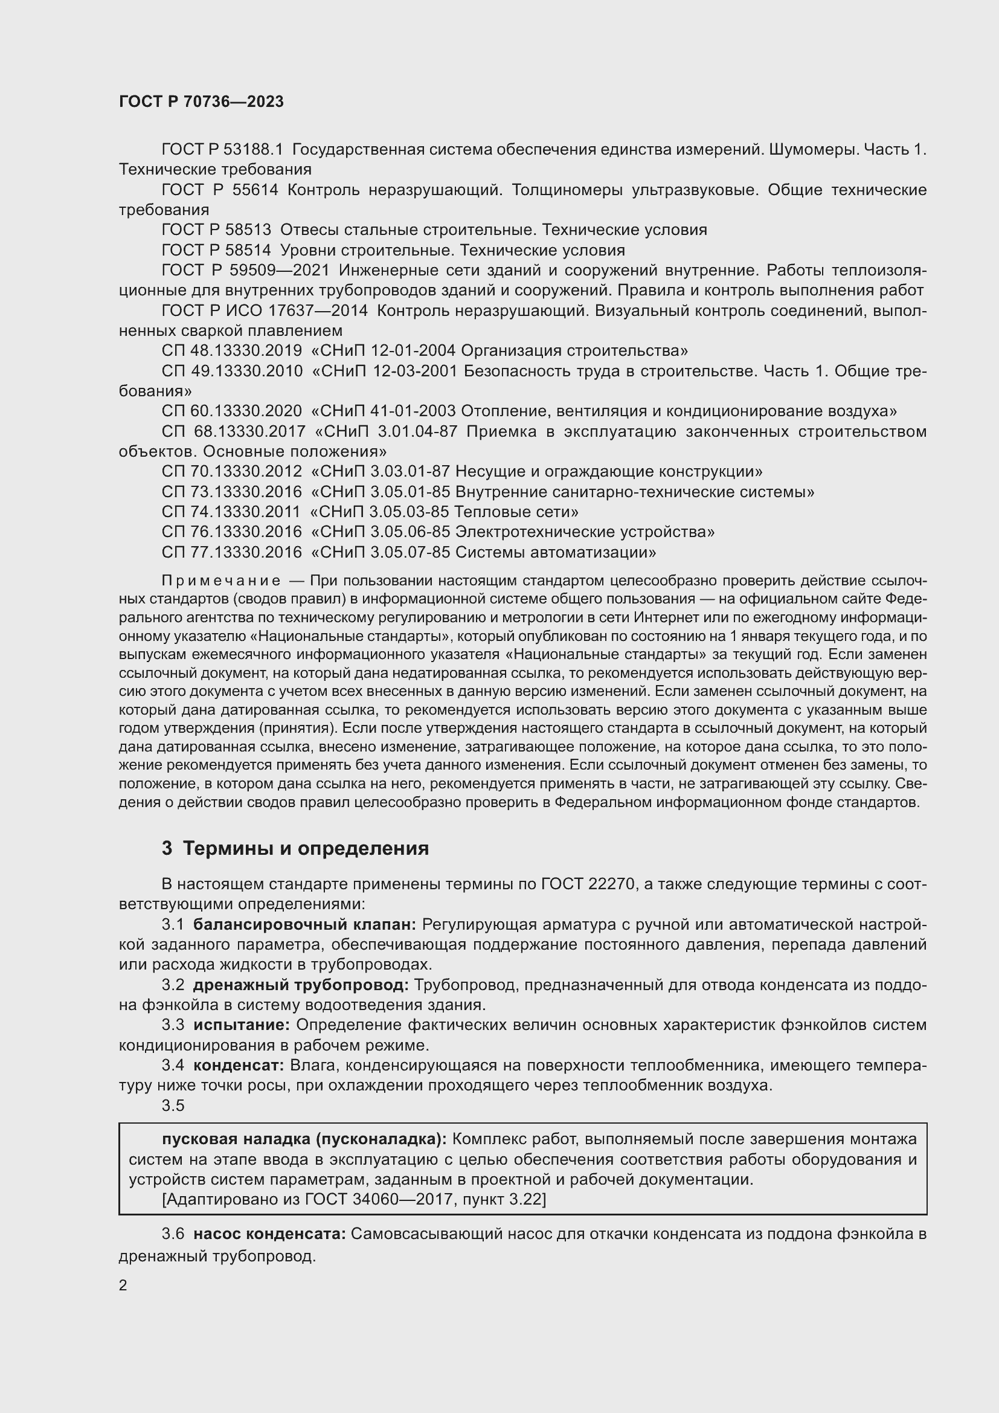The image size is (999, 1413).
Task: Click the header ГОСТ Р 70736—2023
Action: (201, 101)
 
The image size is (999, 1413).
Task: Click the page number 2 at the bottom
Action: (123, 1285)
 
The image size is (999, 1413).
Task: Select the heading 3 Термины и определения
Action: (295, 848)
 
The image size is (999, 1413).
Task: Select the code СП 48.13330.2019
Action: (231, 351)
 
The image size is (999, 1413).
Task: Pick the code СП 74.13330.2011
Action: (231, 512)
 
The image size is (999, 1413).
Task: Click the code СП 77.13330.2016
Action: (231, 552)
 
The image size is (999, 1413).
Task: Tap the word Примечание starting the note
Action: (221, 581)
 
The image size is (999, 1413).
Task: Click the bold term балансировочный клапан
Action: (304, 924)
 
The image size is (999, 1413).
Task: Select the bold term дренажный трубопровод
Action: (301, 985)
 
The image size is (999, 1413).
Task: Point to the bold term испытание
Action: (242, 1025)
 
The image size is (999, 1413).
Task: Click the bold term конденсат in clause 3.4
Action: (239, 1065)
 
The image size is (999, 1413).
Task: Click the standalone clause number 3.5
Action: (173, 1106)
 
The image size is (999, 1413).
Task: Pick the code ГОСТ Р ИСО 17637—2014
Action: (265, 311)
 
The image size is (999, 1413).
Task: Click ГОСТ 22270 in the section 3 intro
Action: (588, 884)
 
